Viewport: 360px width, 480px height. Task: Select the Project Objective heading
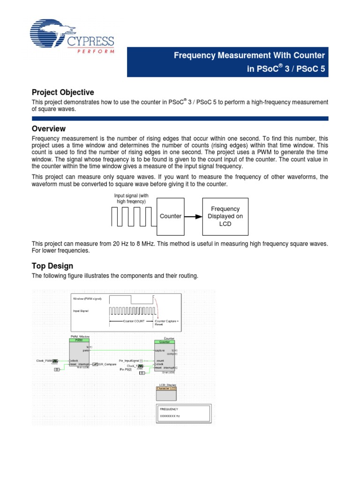pyautogui.click(x=63, y=92)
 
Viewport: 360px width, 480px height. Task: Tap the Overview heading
pyautogui.click(x=48, y=128)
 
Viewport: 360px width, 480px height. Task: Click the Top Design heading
pyautogui.click(x=52, y=266)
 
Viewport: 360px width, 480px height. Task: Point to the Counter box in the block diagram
pyautogui.click(x=171, y=216)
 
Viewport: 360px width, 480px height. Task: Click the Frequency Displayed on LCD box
pyautogui.click(x=225, y=216)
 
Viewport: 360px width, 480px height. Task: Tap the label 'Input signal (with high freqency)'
pyautogui.click(x=131, y=198)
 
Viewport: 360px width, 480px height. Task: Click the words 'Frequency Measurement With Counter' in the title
pyautogui.click(x=249, y=56)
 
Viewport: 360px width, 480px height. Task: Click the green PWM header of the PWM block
pyautogui.click(x=79, y=340)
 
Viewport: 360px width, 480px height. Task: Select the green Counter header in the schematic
pyautogui.click(x=165, y=342)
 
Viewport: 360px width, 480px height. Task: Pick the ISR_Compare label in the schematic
pyautogui.click(x=107, y=364)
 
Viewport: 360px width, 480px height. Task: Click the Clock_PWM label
pyautogui.click(x=44, y=360)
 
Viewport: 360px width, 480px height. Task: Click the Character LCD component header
pyautogui.click(x=166, y=388)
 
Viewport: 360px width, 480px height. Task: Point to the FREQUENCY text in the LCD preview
pyautogui.click(x=169, y=409)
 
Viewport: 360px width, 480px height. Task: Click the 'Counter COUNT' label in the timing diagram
pyautogui.click(x=134, y=322)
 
